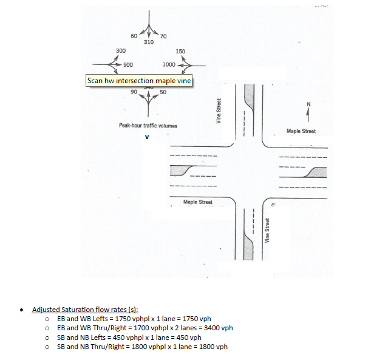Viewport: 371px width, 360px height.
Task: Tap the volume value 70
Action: click(163, 37)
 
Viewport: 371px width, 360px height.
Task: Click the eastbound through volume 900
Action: click(128, 64)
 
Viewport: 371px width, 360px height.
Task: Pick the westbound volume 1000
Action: click(169, 64)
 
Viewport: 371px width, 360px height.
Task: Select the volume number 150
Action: click(180, 52)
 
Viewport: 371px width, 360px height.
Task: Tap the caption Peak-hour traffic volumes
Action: click(148, 125)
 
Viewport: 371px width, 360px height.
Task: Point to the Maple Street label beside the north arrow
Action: click(301, 131)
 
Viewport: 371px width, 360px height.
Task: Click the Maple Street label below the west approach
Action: click(197, 202)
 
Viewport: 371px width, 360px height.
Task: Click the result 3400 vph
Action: click(220, 328)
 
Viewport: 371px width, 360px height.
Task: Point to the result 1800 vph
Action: click(215, 347)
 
